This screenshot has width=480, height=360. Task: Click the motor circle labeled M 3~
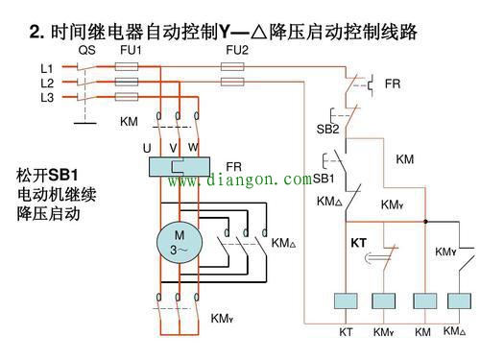[x=178, y=243]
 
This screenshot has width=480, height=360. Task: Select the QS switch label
[x=87, y=50]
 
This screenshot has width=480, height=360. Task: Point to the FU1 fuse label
[x=131, y=50]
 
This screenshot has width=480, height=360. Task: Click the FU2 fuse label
[x=236, y=50]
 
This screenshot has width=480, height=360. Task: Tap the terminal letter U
[x=147, y=148]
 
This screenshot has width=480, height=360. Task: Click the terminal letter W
[x=193, y=147]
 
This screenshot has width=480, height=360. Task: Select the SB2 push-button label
[x=327, y=129]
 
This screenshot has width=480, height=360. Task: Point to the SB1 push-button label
[x=324, y=179]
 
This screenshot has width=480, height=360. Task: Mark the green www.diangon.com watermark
[x=240, y=180]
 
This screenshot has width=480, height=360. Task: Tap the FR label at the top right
[x=393, y=84]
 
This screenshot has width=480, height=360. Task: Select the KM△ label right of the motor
[x=284, y=243]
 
